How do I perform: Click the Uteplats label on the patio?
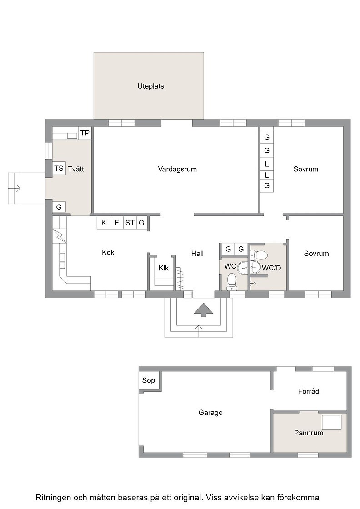pos(150,86)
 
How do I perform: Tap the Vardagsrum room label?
pos(177,169)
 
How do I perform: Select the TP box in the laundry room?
pos(85,133)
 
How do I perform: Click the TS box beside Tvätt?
pos(59,168)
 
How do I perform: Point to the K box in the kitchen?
pos(104,223)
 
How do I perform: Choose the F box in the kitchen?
pos(117,223)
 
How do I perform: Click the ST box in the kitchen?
pos(130,223)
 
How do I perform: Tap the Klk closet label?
pos(164,268)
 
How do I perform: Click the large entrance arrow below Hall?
pos(204,309)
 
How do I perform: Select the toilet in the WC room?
pos(231,281)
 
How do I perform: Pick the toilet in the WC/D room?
pos(260,254)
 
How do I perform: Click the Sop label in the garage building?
pos(148,380)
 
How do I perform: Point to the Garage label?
pos(210,413)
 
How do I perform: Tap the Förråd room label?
pos(308,391)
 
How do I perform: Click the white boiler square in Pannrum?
pos(331,422)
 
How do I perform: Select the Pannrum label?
pos(308,433)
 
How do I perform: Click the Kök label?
pos(108,252)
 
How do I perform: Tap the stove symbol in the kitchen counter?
pos(60,236)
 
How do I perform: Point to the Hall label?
pos(197,254)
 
